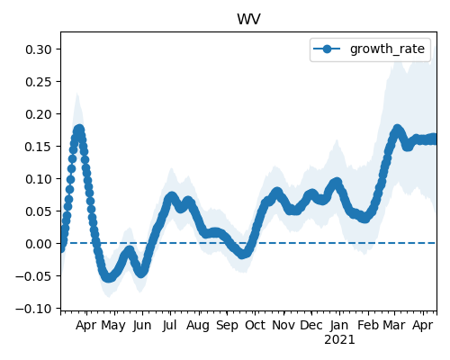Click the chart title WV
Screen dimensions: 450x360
point(248,20)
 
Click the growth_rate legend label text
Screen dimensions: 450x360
point(387,49)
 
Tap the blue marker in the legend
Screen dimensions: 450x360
point(327,49)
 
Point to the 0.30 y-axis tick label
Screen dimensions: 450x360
point(39,49)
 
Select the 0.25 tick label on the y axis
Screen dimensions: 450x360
point(39,82)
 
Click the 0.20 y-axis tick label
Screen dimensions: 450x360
point(39,114)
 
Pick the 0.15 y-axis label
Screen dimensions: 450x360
point(39,147)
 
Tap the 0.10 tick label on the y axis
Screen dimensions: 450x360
point(39,179)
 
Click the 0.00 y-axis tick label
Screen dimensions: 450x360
point(39,244)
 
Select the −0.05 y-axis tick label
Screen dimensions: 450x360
point(34,276)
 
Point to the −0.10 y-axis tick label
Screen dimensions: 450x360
point(34,309)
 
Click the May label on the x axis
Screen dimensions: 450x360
point(113,326)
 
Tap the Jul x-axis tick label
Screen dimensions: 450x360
point(169,326)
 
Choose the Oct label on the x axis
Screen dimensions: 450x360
point(255,326)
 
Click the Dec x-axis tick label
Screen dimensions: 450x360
point(311,326)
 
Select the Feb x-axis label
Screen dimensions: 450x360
point(368,326)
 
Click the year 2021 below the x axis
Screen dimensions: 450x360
point(339,340)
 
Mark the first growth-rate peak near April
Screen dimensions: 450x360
point(79,130)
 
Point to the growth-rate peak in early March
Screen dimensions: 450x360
point(397,130)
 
